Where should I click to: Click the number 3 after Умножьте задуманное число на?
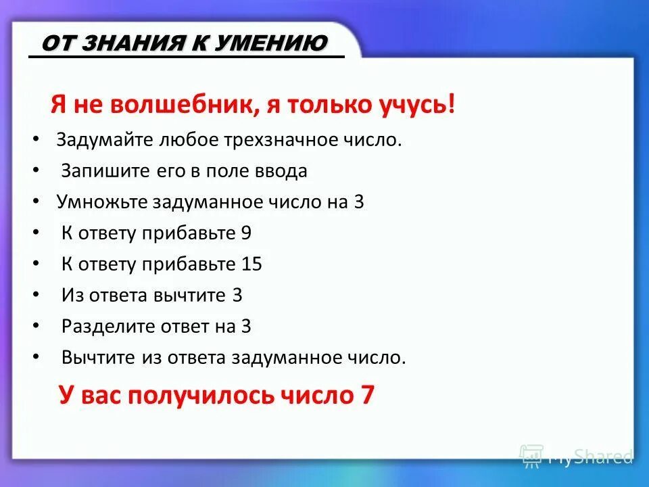358,202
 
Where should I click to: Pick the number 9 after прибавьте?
246,233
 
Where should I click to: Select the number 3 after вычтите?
237,296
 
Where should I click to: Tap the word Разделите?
102,327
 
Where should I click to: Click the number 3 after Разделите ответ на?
245,327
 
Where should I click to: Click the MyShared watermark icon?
531,457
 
